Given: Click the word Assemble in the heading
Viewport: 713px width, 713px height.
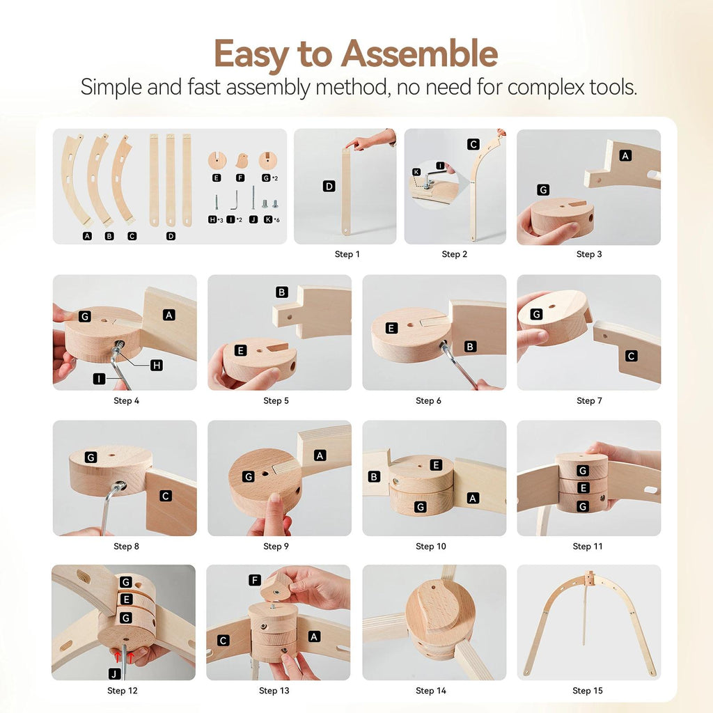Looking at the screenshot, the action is point(419,54).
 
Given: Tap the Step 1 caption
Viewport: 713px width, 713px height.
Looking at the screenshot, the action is point(347,254).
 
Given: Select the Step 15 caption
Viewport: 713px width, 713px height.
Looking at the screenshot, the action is point(588,691).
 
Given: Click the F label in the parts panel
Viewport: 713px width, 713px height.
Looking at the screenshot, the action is point(240,178).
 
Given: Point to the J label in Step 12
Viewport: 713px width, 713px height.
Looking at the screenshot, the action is point(114,674).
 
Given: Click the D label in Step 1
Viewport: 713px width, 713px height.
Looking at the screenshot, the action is point(329,186).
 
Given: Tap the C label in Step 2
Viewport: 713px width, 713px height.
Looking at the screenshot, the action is point(473,144).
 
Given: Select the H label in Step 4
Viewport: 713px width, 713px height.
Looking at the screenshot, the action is point(157,365).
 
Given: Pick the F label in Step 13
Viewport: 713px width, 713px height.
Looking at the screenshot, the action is point(255,580).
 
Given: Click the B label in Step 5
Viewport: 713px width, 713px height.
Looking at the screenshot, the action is point(282,292).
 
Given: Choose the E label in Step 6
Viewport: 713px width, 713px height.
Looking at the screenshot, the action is point(391,328).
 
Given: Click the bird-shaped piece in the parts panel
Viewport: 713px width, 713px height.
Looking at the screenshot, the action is point(242,161).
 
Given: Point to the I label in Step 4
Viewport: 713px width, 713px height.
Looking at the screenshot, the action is point(99,379).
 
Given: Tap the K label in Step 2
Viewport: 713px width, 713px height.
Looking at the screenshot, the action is point(416,172).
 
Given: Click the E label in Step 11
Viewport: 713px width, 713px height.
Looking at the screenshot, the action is point(583,488).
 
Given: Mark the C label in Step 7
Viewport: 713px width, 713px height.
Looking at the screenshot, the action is point(631,356).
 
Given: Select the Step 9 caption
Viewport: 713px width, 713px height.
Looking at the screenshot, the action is point(276,546).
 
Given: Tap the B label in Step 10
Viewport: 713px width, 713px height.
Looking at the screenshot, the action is point(374,476).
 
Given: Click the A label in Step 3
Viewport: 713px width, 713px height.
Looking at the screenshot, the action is point(625,155).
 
